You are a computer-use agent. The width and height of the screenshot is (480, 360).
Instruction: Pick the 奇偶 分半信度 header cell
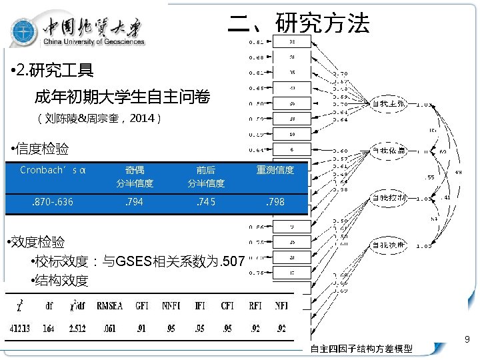(x=135, y=176)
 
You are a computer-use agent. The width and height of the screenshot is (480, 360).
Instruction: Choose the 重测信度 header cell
(x=275, y=170)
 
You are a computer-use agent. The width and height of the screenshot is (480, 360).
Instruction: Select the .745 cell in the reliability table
(x=205, y=201)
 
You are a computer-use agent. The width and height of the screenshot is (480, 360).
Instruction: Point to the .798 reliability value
(x=275, y=201)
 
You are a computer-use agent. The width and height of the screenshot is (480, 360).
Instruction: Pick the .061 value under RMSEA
(x=111, y=328)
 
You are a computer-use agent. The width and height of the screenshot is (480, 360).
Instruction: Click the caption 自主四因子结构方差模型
(x=361, y=349)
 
